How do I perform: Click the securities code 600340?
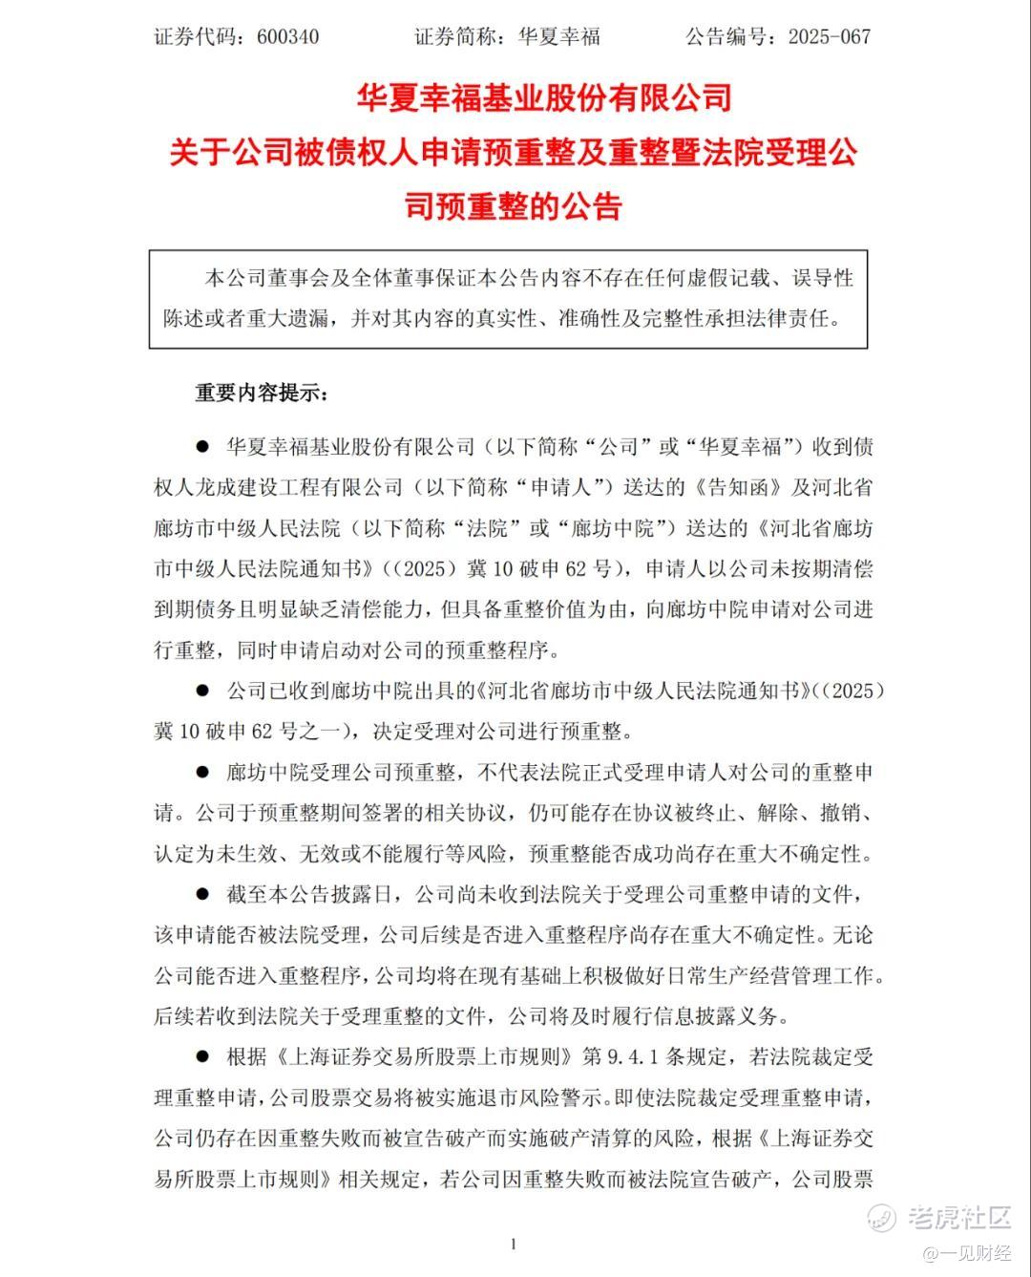pyautogui.click(x=287, y=37)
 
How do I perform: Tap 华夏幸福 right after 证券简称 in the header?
pyautogui.click(x=558, y=37)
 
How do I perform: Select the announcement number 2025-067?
pyautogui.click(x=829, y=37)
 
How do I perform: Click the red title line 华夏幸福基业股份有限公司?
pyautogui.click(x=543, y=97)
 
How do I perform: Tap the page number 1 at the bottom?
pyautogui.click(x=514, y=1243)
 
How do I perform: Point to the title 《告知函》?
pyautogui.click(x=734, y=487)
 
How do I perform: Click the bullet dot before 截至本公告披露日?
pyautogui.click(x=202, y=894)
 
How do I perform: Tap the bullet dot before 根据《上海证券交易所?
pyautogui.click(x=202, y=1056)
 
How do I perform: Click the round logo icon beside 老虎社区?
pyautogui.click(x=881, y=1217)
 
